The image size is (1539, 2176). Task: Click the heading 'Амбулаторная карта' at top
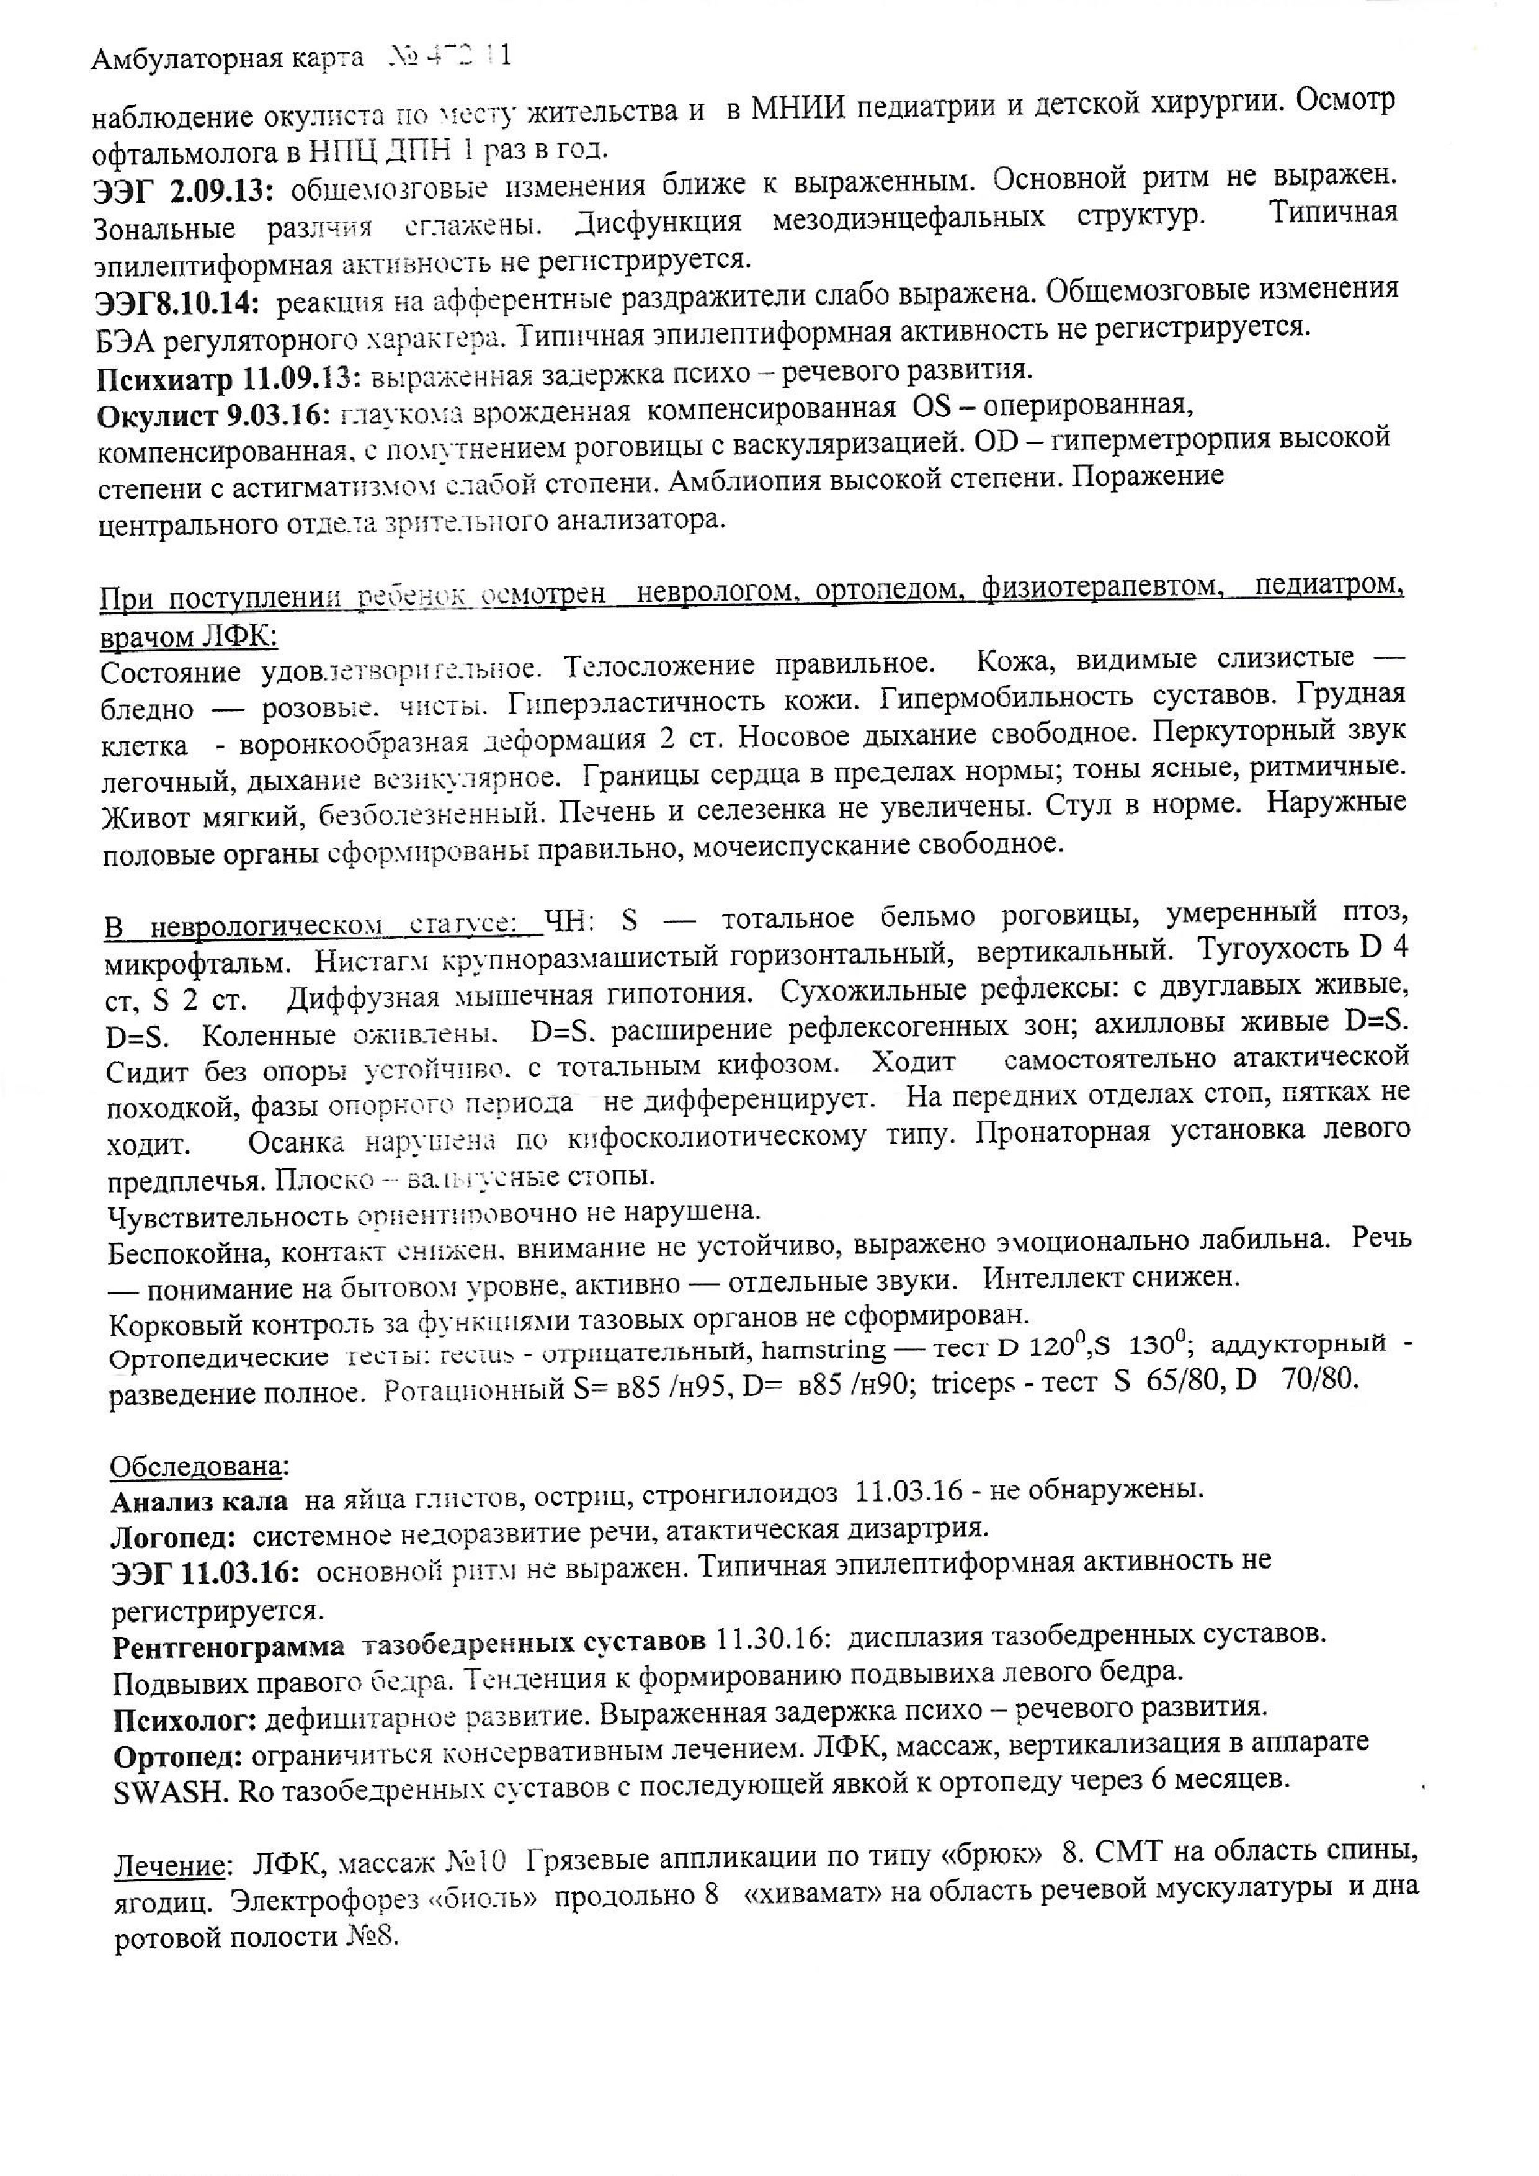pos(228,59)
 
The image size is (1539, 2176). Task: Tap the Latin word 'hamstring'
pos(824,1349)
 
